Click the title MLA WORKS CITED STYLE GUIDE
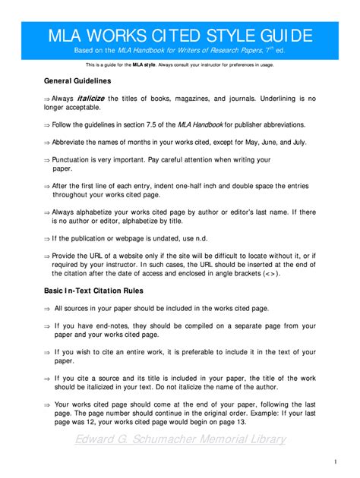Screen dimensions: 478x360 point(180,35)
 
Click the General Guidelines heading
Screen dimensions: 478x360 point(77,80)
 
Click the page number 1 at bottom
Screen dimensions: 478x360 point(335,461)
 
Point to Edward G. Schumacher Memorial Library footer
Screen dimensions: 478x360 point(180,439)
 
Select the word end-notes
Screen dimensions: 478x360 point(125,325)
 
